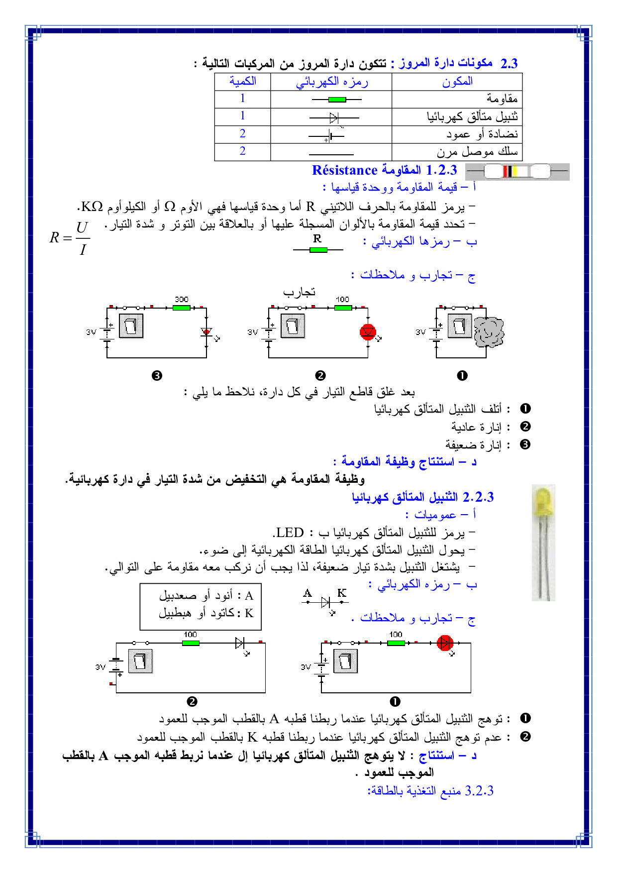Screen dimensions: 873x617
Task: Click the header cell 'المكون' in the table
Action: coord(457,82)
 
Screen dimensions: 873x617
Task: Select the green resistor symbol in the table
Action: coord(337,100)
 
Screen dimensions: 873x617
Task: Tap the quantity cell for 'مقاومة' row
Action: coord(242,99)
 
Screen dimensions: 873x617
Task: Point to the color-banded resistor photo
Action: coord(517,172)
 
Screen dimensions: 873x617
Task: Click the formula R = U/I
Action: coord(70,238)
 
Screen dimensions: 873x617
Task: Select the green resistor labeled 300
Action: coord(181,308)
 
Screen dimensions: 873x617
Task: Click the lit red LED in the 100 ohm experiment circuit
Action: coord(368,332)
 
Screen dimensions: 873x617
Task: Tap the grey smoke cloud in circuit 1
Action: coord(489,332)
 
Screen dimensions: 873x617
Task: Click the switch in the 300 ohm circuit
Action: coord(131,326)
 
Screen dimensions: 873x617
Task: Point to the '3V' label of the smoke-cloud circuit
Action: coord(420,332)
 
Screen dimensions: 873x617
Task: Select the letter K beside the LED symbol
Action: coord(342,593)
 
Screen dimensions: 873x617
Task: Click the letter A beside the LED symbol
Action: coord(308,593)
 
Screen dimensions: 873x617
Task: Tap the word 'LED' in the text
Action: coord(290,533)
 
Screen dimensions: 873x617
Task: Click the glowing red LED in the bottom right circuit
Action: coord(444,643)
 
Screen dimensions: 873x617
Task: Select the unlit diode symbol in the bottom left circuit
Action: coord(239,643)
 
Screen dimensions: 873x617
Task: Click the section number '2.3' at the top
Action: coord(509,64)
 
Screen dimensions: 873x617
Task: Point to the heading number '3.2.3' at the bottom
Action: coord(479,791)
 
